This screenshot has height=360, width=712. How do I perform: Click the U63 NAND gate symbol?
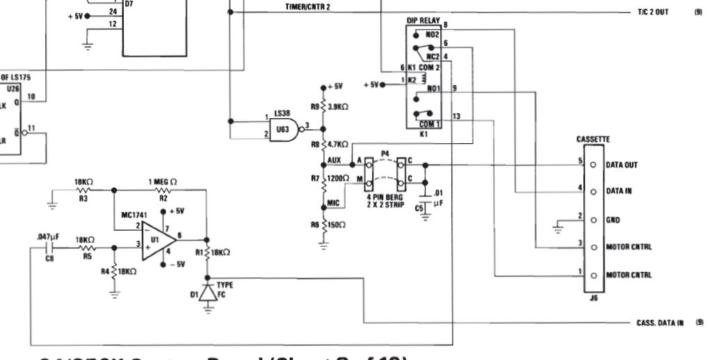(x=286, y=128)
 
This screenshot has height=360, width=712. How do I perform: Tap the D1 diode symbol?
(x=206, y=293)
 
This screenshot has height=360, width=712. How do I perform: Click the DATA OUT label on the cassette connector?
(x=621, y=165)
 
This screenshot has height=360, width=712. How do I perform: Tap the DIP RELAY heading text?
(x=423, y=22)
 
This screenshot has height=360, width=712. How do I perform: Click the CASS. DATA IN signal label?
(x=654, y=323)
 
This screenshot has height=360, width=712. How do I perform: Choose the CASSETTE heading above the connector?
(x=591, y=139)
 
